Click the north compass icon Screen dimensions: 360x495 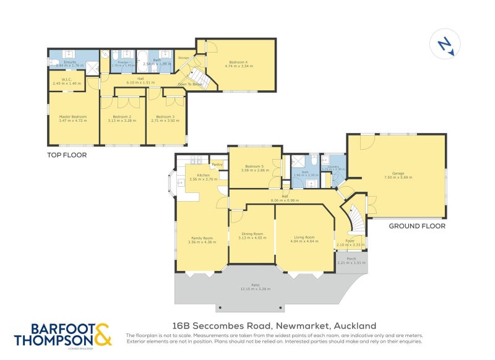(444, 45)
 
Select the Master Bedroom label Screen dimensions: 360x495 (73, 117)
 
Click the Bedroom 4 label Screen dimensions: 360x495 (238, 62)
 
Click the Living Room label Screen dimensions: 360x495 (304, 237)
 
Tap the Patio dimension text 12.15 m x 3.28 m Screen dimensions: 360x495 (256, 289)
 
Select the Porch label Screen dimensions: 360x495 (351, 259)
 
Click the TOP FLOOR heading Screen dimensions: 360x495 (67, 155)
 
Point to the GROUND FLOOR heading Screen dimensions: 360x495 (416, 226)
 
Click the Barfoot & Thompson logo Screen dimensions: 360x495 (63, 334)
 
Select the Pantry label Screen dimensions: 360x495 (217, 165)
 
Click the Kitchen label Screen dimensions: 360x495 (204, 176)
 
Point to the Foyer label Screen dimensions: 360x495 (350, 241)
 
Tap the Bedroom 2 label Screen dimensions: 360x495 (122, 117)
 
